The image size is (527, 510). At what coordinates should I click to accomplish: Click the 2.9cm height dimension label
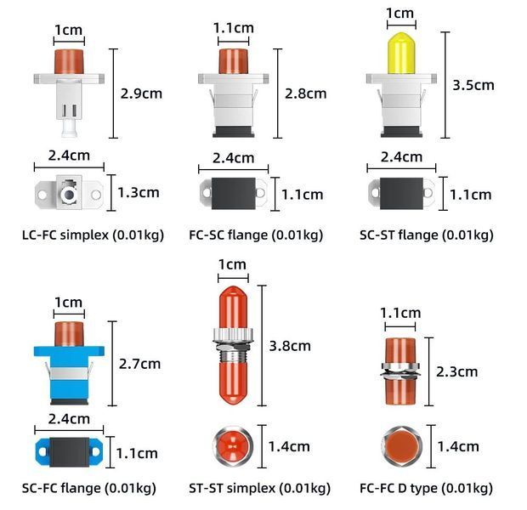[141, 93]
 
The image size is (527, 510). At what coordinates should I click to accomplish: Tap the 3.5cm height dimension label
[473, 85]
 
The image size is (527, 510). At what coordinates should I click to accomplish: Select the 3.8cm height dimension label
[290, 346]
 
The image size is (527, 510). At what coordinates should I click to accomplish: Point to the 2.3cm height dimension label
[456, 371]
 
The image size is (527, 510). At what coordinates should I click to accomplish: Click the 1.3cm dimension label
[139, 193]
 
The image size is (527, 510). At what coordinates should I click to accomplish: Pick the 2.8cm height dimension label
[305, 93]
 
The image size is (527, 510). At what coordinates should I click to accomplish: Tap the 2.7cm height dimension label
[139, 364]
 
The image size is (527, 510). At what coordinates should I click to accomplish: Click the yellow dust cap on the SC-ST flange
[401, 53]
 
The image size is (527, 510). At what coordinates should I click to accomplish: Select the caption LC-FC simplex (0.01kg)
[93, 235]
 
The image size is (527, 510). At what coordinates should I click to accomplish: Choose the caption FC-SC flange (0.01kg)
[256, 235]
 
